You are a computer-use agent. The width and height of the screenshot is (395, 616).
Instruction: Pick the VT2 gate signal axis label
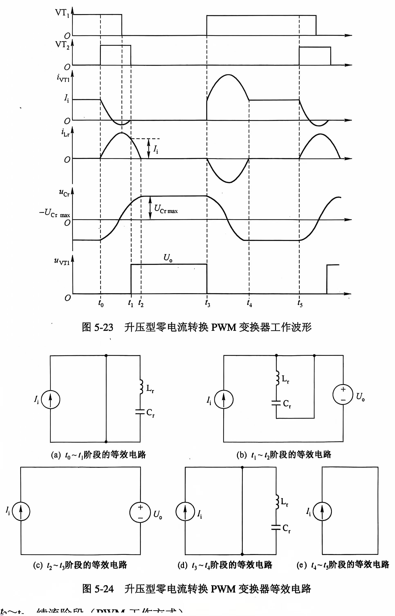(x=62, y=45)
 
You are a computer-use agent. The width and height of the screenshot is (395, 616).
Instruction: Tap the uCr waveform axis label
(x=64, y=193)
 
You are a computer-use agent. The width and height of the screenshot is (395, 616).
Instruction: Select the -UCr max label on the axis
(x=54, y=213)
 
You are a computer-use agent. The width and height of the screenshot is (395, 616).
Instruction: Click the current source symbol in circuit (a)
(x=50, y=400)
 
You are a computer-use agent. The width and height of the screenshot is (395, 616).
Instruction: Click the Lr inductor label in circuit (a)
(x=150, y=389)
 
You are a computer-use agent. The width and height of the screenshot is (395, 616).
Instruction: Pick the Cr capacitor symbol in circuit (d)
(x=276, y=527)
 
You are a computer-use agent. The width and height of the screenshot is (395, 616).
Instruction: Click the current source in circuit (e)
(x=322, y=511)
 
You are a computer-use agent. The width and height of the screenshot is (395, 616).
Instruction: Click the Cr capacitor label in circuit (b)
(x=287, y=404)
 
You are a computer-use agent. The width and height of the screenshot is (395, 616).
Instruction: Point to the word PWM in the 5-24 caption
(x=223, y=589)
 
